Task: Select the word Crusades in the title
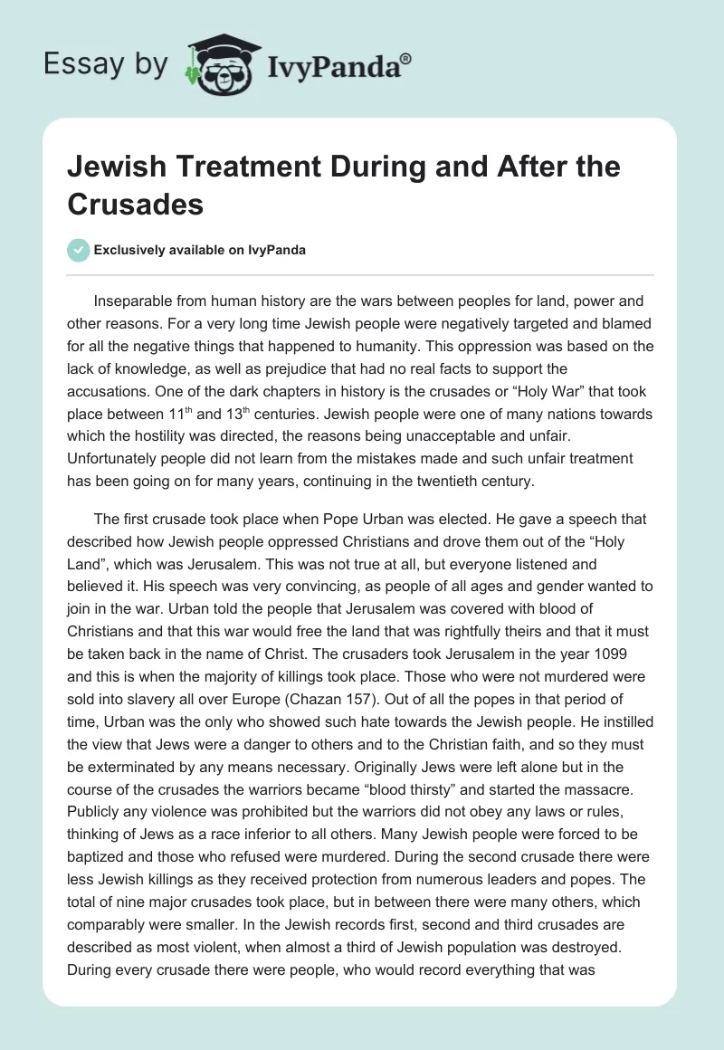(x=136, y=204)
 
